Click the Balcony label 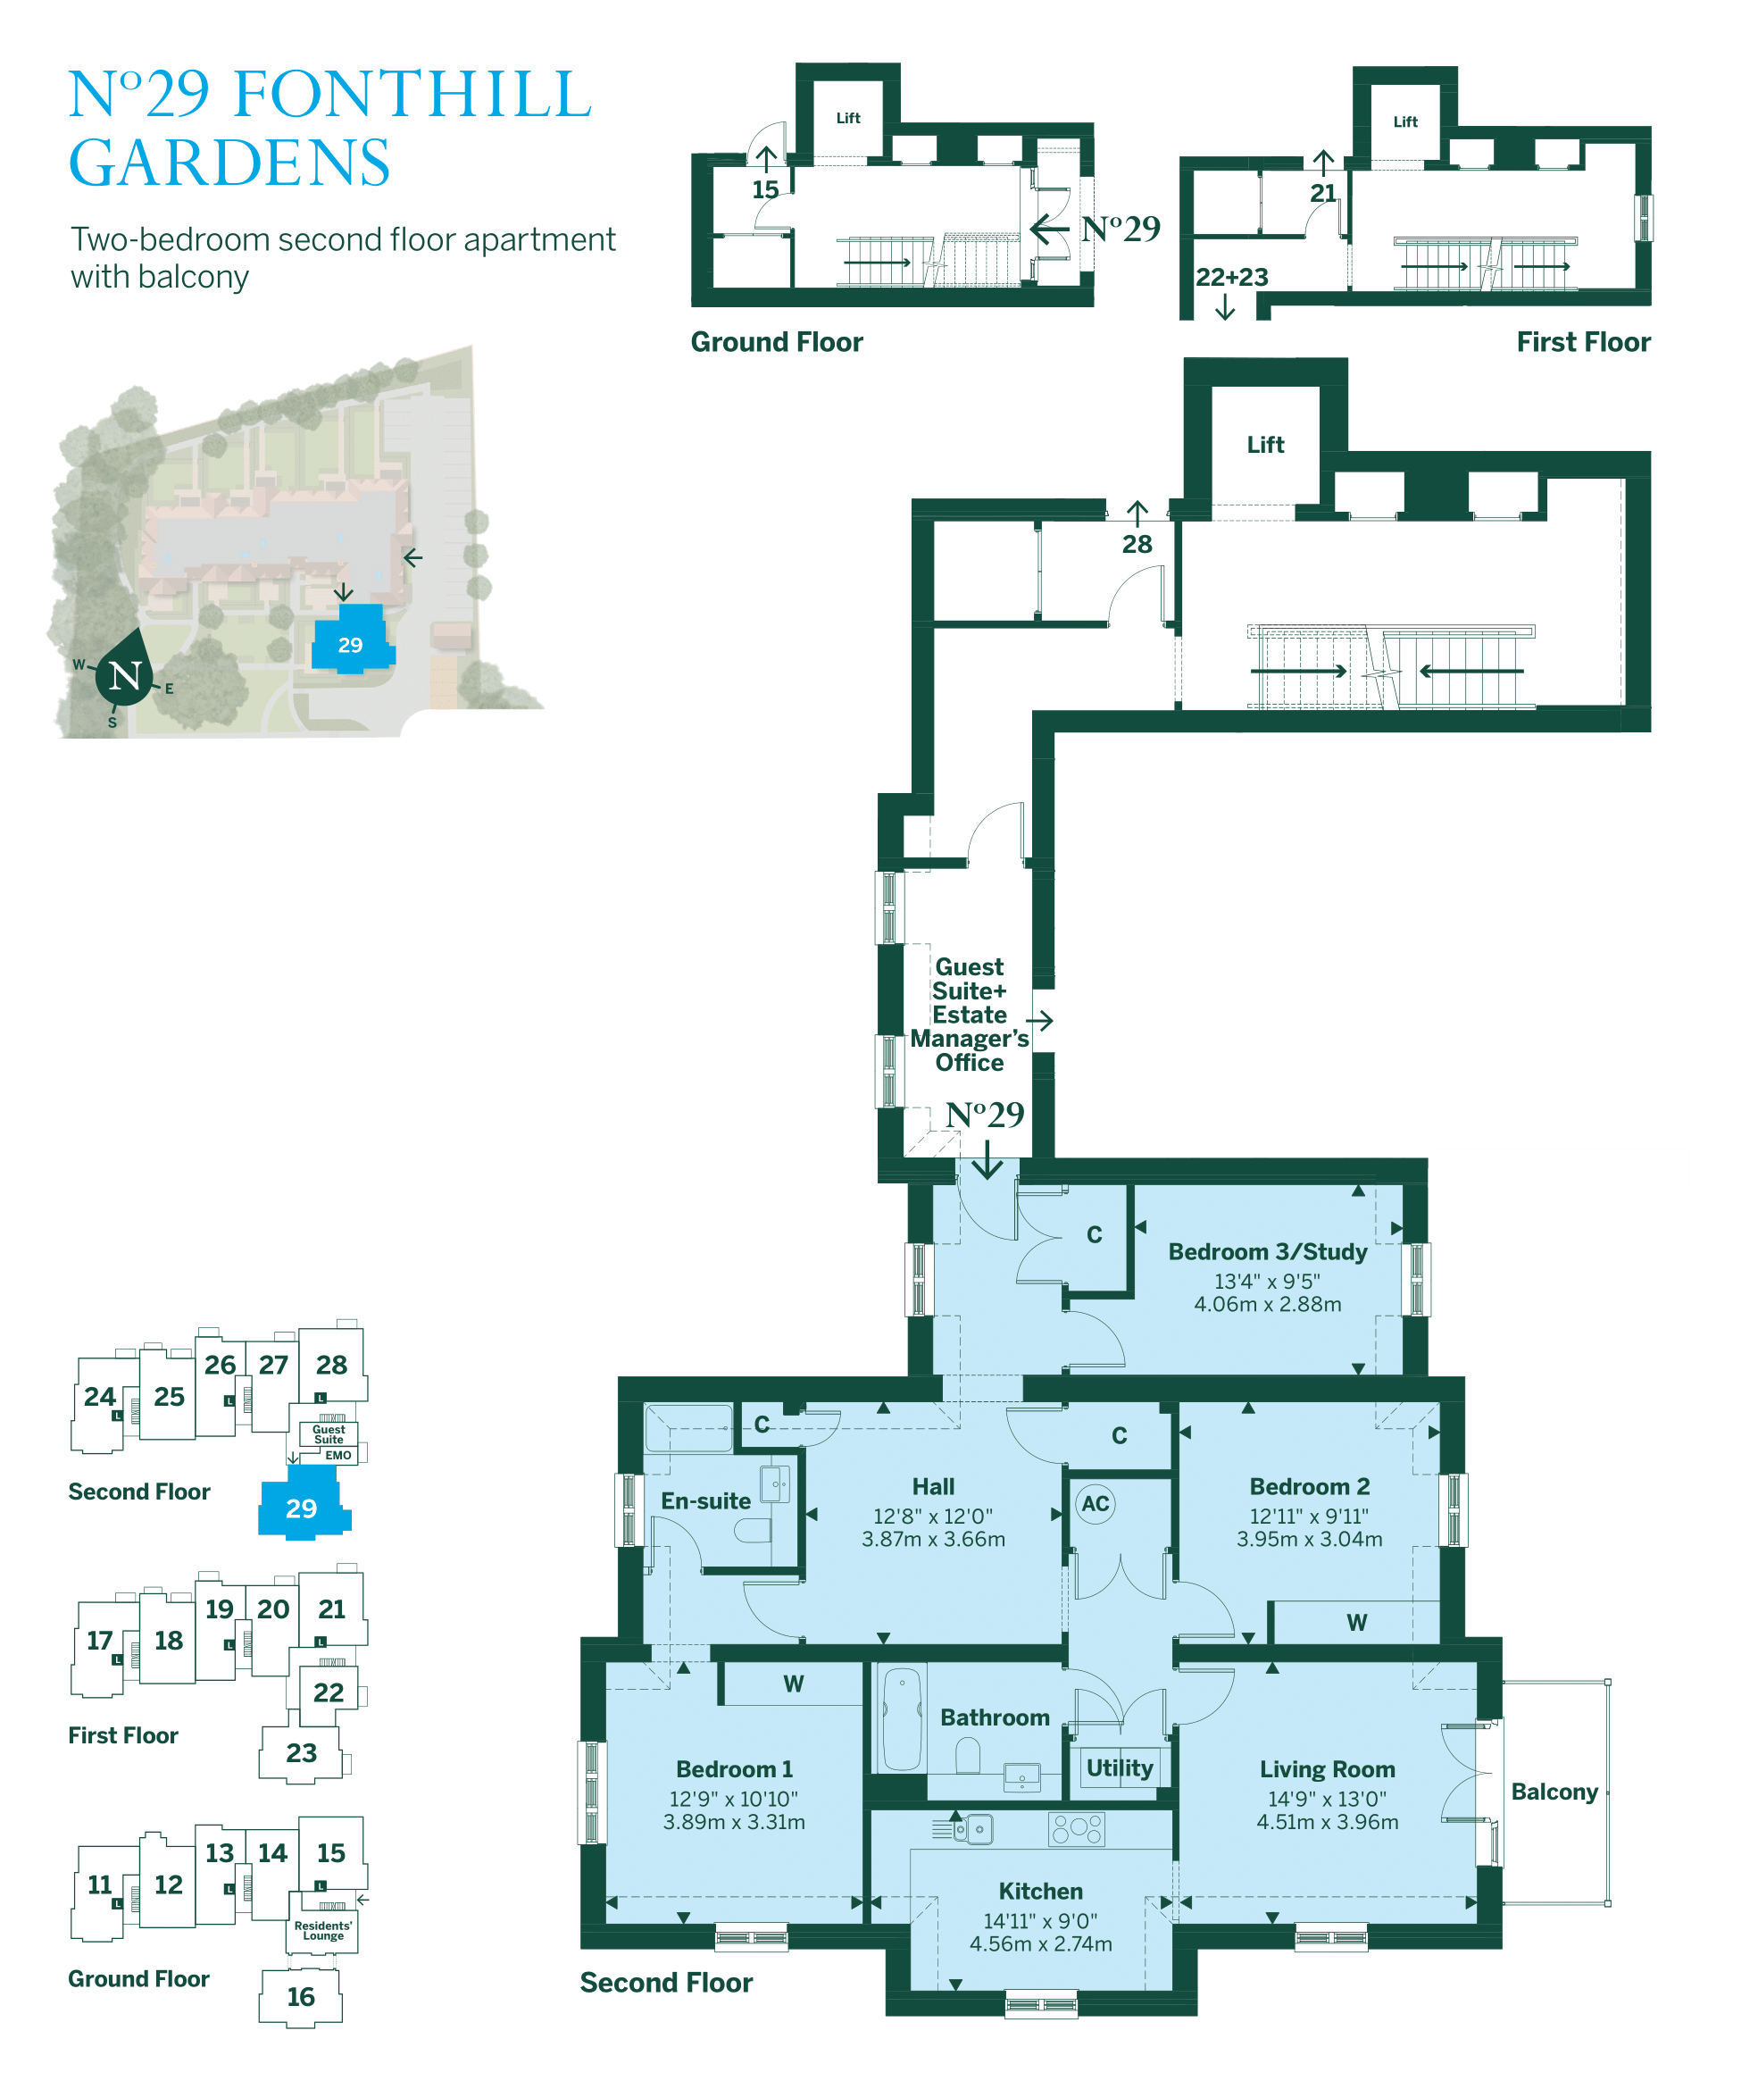pyautogui.click(x=1553, y=1791)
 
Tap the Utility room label pyautogui.click(x=1120, y=1767)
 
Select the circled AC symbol pyautogui.click(x=1095, y=1503)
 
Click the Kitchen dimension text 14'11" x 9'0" pyautogui.click(x=1039, y=1919)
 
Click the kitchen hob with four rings pyautogui.click(x=1077, y=1828)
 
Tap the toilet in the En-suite pyautogui.click(x=754, y=1529)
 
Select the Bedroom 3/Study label pyautogui.click(x=1267, y=1252)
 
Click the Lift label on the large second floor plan pyautogui.click(x=1264, y=445)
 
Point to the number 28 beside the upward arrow pyautogui.click(x=1136, y=544)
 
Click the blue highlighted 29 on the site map pyautogui.click(x=350, y=645)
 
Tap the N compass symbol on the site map pyautogui.click(x=126, y=676)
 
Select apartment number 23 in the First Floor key pyautogui.click(x=301, y=1753)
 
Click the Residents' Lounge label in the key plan pyautogui.click(x=323, y=1931)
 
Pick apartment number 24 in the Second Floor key pyautogui.click(x=100, y=1396)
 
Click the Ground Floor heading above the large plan pyautogui.click(x=777, y=342)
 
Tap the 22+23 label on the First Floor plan pyautogui.click(x=1231, y=277)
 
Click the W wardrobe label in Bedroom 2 pyautogui.click(x=1356, y=1623)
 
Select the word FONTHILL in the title pyautogui.click(x=412, y=95)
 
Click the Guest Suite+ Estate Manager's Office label pyautogui.click(x=969, y=1014)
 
